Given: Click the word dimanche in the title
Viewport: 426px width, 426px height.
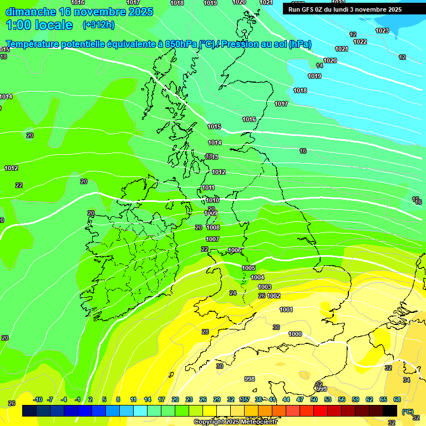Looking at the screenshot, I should (x=30, y=12).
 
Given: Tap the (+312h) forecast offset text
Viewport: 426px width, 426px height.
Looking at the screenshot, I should (x=99, y=24).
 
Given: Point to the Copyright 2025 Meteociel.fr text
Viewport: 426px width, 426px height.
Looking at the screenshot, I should (x=235, y=422).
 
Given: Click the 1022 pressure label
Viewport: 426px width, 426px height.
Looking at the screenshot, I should (x=360, y=42).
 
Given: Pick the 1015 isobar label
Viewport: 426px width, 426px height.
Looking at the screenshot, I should (x=214, y=127).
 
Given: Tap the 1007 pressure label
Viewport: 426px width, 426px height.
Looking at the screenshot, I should (x=212, y=239).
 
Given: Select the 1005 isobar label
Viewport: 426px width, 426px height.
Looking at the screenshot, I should (x=248, y=268).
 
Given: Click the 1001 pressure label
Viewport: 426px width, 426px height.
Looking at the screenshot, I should (x=286, y=310).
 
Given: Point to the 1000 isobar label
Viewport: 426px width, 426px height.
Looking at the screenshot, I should (x=295, y=334).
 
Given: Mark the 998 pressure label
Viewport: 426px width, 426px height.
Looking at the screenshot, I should (x=250, y=379).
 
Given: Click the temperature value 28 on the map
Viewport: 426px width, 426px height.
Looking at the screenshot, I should (x=205, y=332).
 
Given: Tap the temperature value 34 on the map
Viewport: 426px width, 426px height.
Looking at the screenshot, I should (x=407, y=380).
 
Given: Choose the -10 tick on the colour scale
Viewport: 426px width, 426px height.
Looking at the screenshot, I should (x=38, y=399).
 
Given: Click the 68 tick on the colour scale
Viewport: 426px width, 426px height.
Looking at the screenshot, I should (x=397, y=399).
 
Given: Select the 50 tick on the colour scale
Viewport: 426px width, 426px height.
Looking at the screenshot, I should (x=314, y=399).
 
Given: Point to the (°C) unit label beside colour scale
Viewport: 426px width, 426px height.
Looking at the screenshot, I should (x=408, y=412).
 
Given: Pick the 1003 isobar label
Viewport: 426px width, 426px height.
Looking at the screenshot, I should (x=265, y=287).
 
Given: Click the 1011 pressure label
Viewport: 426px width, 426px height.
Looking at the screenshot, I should (x=208, y=188).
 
